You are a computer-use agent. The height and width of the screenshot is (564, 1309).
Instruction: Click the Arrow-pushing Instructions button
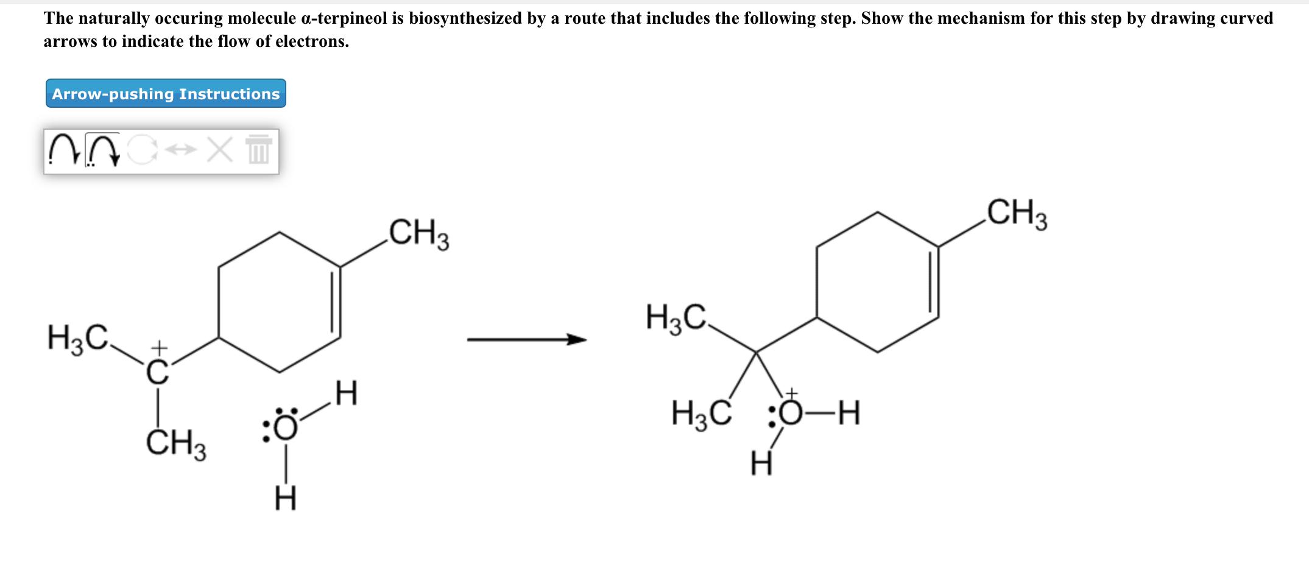pyautogui.click(x=166, y=94)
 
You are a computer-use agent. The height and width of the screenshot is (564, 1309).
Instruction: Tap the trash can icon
pyautogui.click(x=258, y=150)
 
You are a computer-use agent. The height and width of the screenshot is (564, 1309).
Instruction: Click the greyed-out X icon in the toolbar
pyautogui.click(x=219, y=150)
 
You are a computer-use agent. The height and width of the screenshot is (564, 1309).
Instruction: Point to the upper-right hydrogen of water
pyautogui.click(x=346, y=393)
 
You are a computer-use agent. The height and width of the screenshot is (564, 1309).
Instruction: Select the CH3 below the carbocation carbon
pyautogui.click(x=176, y=444)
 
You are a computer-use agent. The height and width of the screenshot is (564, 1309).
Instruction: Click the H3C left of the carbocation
pyautogui.click(x=79, y=338)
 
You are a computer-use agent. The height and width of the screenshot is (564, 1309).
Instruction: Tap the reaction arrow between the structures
pyautogui.click(x=526, y=340)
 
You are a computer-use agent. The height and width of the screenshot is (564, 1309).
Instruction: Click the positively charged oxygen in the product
pyautogui.click(x=791, y=416)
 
